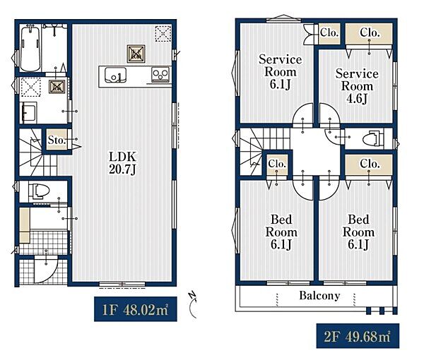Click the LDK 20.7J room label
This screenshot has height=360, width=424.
(122, 163)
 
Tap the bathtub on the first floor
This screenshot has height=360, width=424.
(30, 48)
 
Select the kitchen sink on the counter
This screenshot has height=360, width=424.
(115, 75)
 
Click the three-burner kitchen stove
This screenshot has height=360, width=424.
(160, 74)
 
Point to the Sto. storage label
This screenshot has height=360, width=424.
(57, 140)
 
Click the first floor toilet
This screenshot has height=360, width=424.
(39, 191)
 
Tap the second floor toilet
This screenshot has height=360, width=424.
(373, 138)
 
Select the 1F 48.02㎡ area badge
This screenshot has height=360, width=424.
(136, 309)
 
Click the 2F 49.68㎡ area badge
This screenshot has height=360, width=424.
(358, 336)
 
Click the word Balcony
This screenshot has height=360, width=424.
(319, 296)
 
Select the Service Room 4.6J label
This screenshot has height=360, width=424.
(357, 86)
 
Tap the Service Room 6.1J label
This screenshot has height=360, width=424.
(280, 72)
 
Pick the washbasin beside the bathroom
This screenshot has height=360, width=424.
(28, 112)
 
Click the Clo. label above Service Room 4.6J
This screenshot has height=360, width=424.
(370, 33)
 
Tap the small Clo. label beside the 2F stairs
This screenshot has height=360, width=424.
(277, 164)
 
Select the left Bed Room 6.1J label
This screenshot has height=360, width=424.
(281, 232)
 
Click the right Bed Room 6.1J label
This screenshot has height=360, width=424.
(358, 232)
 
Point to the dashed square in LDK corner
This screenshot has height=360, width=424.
(163, 33)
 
